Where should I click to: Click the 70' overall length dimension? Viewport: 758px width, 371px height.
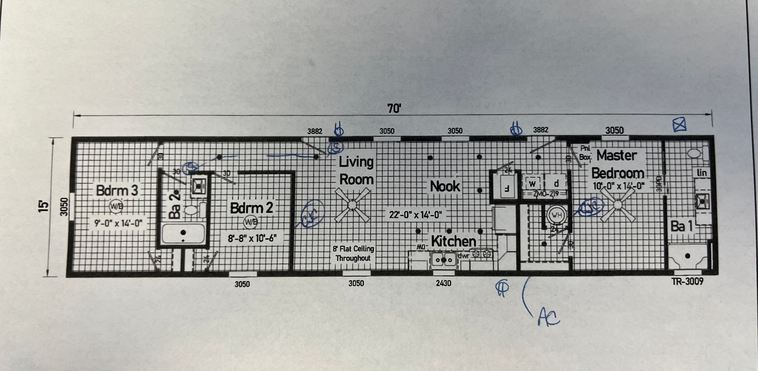394,109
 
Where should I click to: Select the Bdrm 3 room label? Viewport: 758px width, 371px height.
117,190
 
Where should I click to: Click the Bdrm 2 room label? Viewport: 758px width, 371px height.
251,208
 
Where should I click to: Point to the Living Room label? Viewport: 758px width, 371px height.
356,170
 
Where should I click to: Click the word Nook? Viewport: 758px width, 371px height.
445,186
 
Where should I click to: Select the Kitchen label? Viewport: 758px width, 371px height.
453,241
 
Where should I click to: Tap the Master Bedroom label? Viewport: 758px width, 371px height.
617,164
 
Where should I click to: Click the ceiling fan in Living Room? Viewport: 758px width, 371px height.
352,205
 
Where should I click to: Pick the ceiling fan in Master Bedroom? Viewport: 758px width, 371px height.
618,205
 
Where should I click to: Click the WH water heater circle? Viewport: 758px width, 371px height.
556,215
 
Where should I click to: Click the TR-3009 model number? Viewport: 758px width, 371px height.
687,281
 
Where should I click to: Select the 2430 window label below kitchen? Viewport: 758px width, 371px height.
443,283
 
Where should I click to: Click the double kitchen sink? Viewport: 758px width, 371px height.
443,260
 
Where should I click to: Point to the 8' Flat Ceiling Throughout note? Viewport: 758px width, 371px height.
353,253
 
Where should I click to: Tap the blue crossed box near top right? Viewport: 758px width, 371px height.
679,125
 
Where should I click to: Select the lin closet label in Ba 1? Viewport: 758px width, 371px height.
702,173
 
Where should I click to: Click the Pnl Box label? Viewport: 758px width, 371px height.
585,153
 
